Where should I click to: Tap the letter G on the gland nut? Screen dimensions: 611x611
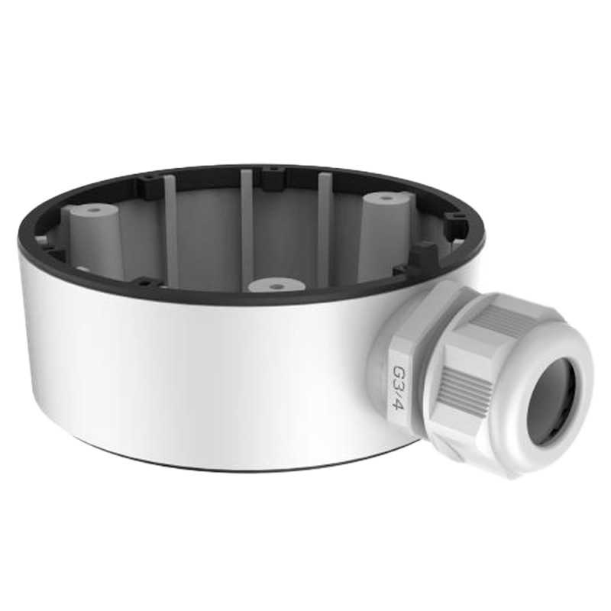point(398,372)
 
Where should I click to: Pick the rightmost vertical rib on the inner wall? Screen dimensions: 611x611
point(325,221)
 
